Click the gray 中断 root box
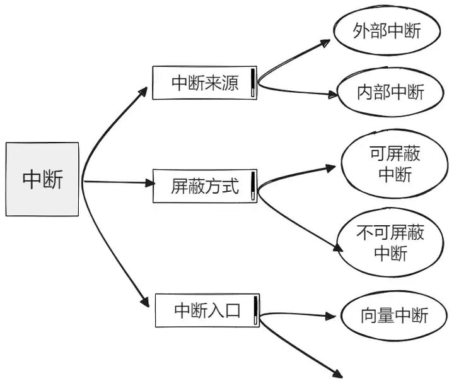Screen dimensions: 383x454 coord(42,179)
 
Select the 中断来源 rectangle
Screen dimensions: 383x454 coord(204,83)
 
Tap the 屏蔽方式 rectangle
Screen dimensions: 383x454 coord(204,186)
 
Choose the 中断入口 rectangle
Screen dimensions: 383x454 coord(207,310)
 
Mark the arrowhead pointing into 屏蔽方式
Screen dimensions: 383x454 coord(149,183)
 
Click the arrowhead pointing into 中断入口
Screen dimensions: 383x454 coord(149,302)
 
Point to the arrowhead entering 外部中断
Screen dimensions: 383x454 coord(325,43)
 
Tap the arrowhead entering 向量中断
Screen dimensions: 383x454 coord(332,315)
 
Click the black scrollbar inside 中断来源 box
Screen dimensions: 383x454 coord(253,81)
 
